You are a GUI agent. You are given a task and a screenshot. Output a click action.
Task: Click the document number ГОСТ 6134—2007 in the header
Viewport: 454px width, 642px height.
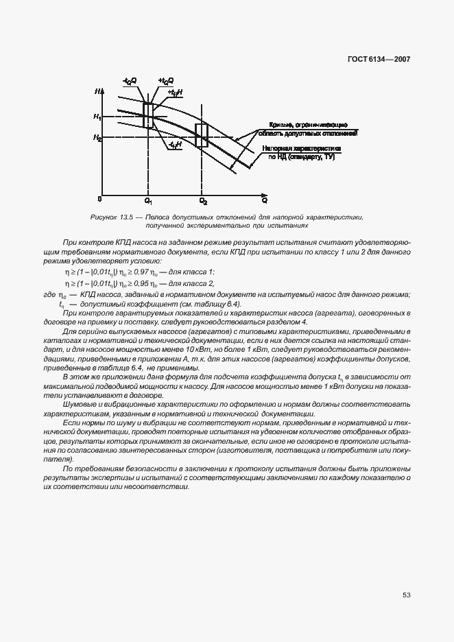click(379, 60)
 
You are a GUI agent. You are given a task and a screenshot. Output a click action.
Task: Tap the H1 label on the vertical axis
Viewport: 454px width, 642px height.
click(97, 117)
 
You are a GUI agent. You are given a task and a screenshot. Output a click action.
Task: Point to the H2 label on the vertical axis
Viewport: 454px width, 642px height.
click(97, 139)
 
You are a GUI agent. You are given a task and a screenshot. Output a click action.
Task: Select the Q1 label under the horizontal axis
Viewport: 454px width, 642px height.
click(148, 201)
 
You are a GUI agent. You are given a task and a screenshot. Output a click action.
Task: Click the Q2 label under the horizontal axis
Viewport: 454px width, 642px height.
click(202, 201)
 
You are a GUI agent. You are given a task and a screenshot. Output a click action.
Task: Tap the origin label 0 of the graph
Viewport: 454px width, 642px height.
click(100, 199)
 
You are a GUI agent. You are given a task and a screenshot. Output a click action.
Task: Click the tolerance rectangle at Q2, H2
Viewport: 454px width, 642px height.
click(202, 135)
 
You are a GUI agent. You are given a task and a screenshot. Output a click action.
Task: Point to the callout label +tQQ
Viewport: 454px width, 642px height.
click(166, 81)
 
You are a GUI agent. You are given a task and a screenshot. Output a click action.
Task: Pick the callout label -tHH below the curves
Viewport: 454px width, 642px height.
click(174, 145)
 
